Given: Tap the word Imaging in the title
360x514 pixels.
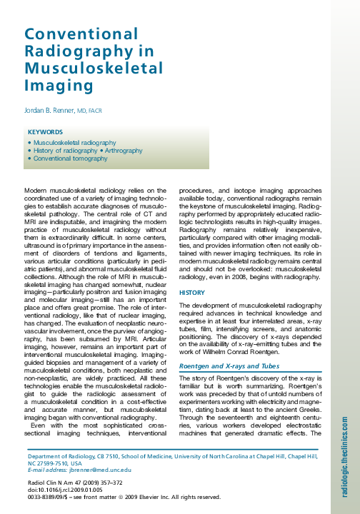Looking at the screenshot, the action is [54, 86].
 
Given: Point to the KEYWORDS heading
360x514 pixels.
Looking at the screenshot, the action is [46, 132].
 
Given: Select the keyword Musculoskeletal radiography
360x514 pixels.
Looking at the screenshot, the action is [75, 143].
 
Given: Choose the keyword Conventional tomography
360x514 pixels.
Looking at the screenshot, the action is [70, 158].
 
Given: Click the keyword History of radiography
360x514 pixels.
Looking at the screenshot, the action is [64, 151].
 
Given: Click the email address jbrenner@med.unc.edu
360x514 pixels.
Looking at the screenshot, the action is [104, 469].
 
